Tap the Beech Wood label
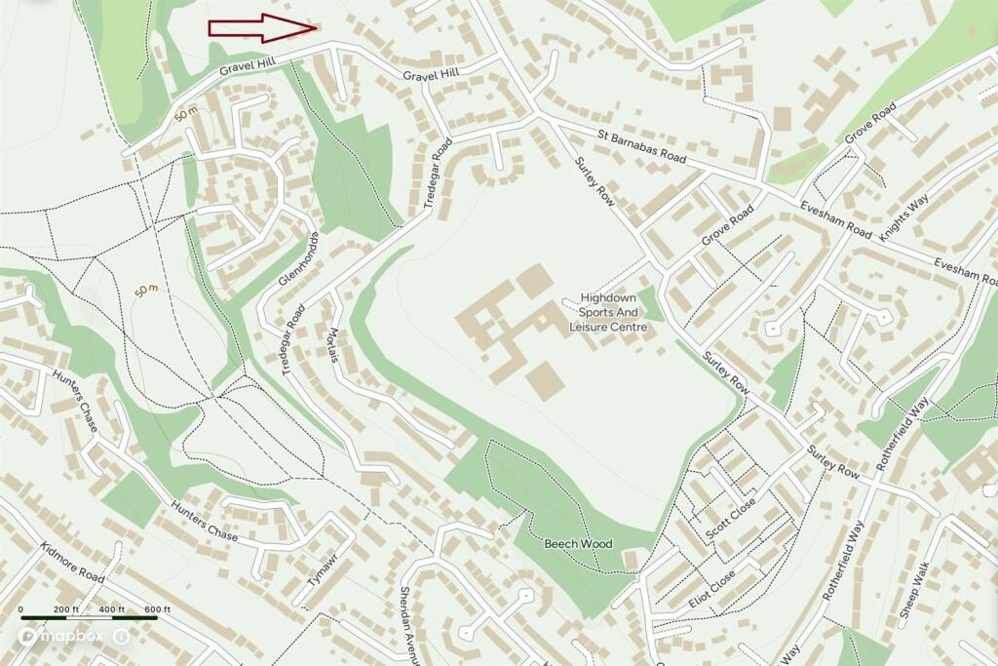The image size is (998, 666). pos(578,543)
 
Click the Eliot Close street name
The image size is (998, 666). pos(712,589)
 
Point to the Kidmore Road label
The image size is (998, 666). pos(72,564)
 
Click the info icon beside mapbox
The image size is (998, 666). pos(121,636)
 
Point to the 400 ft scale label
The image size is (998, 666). pos(112,610)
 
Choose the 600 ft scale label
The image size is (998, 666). pos(158,610)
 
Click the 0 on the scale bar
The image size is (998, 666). pos(21,610)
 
